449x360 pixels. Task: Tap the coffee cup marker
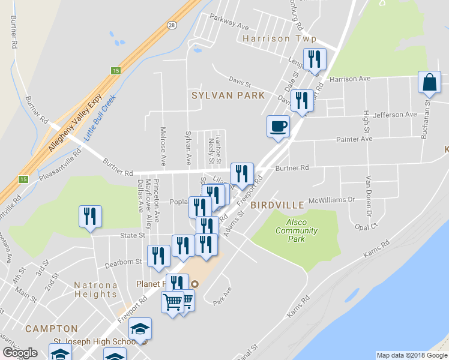(277, 127)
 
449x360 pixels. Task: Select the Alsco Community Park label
(296, 230)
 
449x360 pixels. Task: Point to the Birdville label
(277, 205)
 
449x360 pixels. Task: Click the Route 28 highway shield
(172, 25)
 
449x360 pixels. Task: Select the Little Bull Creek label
(99, 118)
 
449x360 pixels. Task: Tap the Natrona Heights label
(95, 289)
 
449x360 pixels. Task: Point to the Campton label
(51, 329)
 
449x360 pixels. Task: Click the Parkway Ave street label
(228, 27)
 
